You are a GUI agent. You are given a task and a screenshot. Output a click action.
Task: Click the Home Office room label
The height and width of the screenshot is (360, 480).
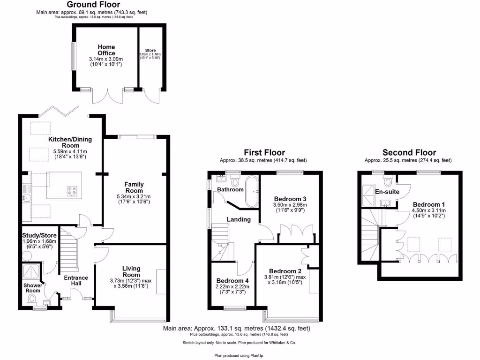coord(106,50)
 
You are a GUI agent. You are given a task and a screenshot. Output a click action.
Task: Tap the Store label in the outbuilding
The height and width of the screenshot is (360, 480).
coord(150,50)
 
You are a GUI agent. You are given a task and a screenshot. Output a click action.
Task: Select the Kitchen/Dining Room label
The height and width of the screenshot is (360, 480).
coord(70,142)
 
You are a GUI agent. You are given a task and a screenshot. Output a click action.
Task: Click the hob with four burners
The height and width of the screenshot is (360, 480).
coord(73,191)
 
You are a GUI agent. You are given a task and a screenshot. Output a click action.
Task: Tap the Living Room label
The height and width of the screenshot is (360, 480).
coord(131,271)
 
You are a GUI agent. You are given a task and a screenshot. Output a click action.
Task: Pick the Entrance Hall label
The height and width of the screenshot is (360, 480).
coord(76,281)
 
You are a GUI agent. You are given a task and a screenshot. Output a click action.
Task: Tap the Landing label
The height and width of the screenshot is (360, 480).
coord(239,219)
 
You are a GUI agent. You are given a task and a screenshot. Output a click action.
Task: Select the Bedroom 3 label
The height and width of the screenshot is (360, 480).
coord(290,199)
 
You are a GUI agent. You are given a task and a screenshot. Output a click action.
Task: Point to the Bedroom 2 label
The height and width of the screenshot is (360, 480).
coord(285,271)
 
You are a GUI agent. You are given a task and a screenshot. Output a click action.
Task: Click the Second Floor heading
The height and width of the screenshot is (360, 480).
coord(409,152)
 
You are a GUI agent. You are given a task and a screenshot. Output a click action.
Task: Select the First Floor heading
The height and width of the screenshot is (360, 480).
coord(264,152)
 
